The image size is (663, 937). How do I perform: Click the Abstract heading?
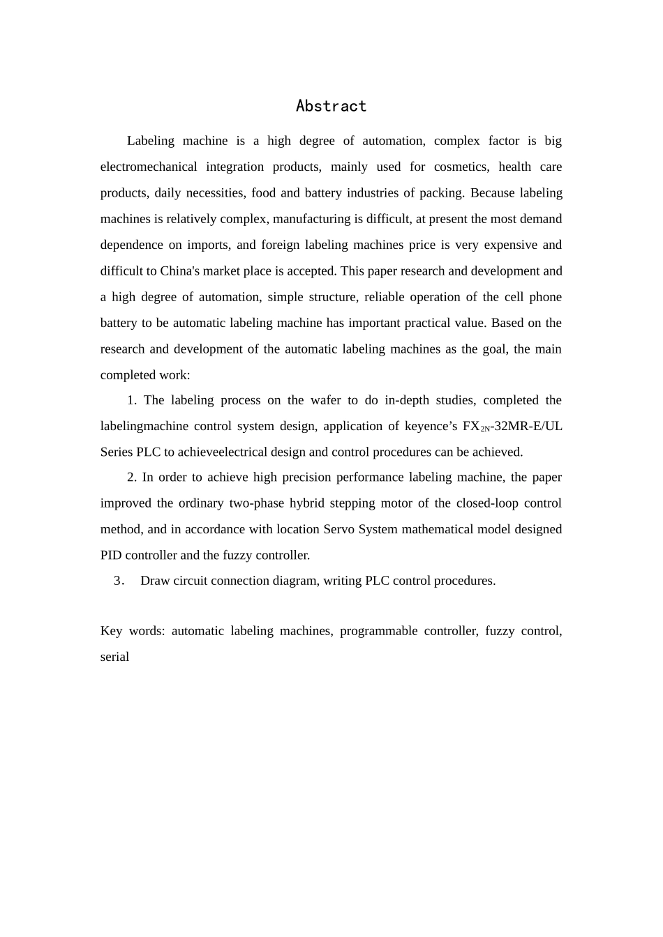tap(331, 106)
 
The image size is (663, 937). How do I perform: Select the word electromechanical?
tap(148, 167)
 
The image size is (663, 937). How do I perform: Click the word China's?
tap(181, 271)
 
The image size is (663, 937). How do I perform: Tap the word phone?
tap(544, 297)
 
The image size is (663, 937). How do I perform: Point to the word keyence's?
tap(425, 426)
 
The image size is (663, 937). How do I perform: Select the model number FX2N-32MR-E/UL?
tap(512, 426)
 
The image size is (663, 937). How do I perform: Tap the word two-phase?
tap(256, 503)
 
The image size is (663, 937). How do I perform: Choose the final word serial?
tap(114, 657)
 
